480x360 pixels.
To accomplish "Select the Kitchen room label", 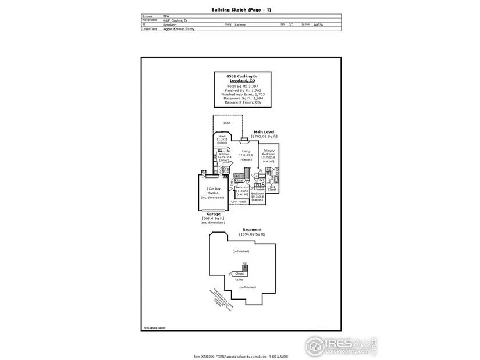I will point(225,155).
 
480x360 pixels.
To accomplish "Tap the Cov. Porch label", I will point(239,201).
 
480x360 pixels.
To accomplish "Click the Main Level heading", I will point(264,133).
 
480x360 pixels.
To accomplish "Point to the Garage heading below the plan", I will point(213,214).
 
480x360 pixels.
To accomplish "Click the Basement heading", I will point(252,230).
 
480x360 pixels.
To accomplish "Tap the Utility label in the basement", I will point(239,279).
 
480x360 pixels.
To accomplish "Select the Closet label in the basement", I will point(239,273).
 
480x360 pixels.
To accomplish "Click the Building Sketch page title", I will point(240,10).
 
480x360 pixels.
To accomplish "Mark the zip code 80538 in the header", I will point(318,25).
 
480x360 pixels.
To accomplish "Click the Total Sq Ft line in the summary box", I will point(240,86).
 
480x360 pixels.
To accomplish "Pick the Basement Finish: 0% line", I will point(240,102).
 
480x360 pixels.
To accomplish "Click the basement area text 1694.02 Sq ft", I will point(252,234).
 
